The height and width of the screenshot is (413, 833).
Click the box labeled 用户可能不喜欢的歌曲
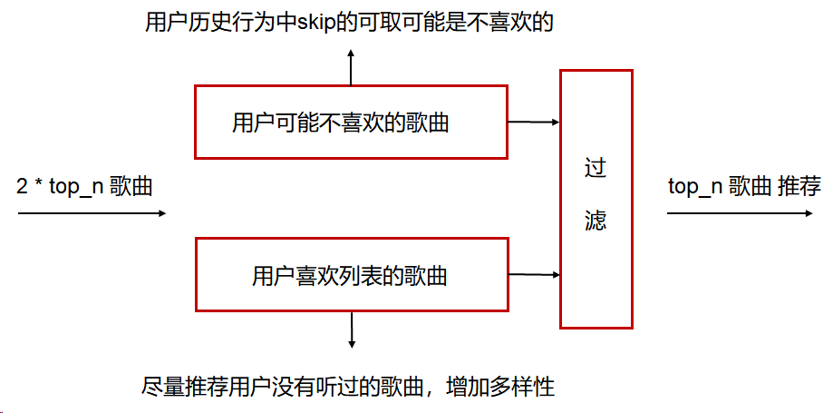[351, 123]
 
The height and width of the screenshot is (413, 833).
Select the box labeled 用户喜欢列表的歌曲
[351, 275]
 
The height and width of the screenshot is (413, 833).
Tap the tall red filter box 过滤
[596, 197]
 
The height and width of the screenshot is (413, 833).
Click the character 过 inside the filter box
[596, 169]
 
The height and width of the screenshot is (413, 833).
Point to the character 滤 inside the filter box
[596, 221]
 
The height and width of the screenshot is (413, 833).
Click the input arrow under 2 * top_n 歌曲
[92, 214]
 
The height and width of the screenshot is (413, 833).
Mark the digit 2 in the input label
[23, 188]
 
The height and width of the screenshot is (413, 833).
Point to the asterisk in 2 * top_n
[37, 186]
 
